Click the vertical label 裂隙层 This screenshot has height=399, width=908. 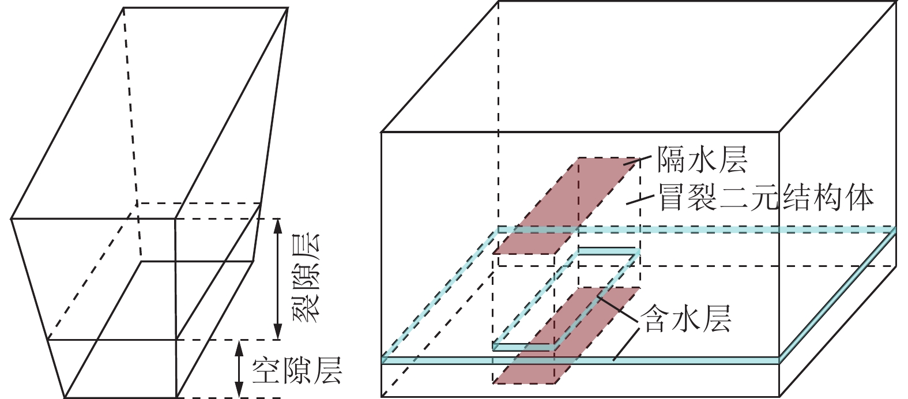[x=306, y=278]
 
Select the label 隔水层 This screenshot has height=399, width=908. [x=702, y=159]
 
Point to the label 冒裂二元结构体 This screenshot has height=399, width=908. [x=766, y=198]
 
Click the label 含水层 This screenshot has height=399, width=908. [x=687, y=318]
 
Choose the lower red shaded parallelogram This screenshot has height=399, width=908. [x=568, y=334]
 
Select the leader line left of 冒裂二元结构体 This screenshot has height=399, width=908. [x=640, y=199]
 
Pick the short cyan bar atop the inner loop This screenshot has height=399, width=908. [x=608, y=251]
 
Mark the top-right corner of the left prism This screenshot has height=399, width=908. [x=287, y=8]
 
